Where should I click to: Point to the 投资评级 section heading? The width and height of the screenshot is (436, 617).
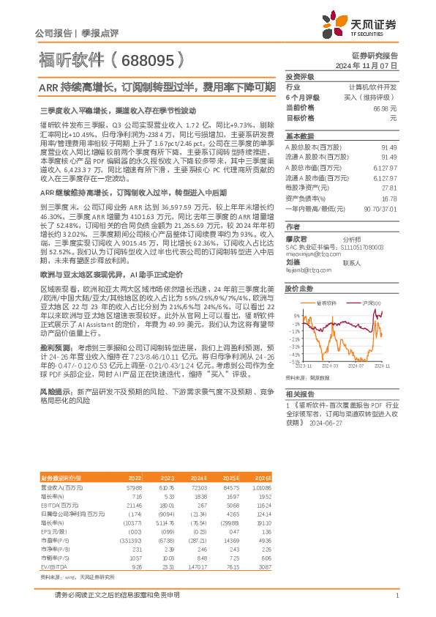299,76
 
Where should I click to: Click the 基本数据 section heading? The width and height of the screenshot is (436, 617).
299,136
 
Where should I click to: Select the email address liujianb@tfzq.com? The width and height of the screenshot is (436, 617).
306,269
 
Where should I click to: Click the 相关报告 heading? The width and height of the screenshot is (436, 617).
299,394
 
